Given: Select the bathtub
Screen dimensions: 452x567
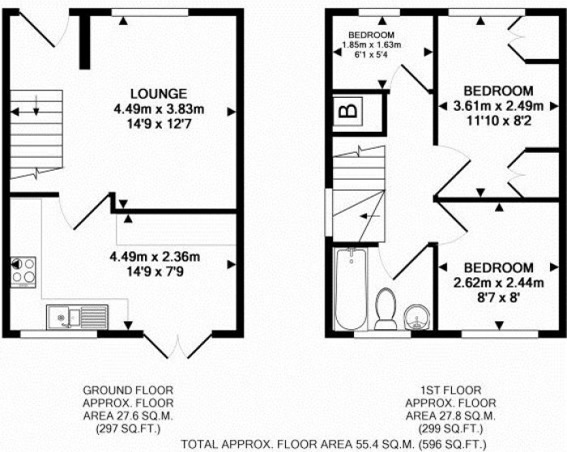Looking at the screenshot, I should (x=350, y=290).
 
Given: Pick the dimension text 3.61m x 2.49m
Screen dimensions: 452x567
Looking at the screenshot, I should (x=497, y=106).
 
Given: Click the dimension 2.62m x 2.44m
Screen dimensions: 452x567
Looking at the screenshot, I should (x=497, y=282).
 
